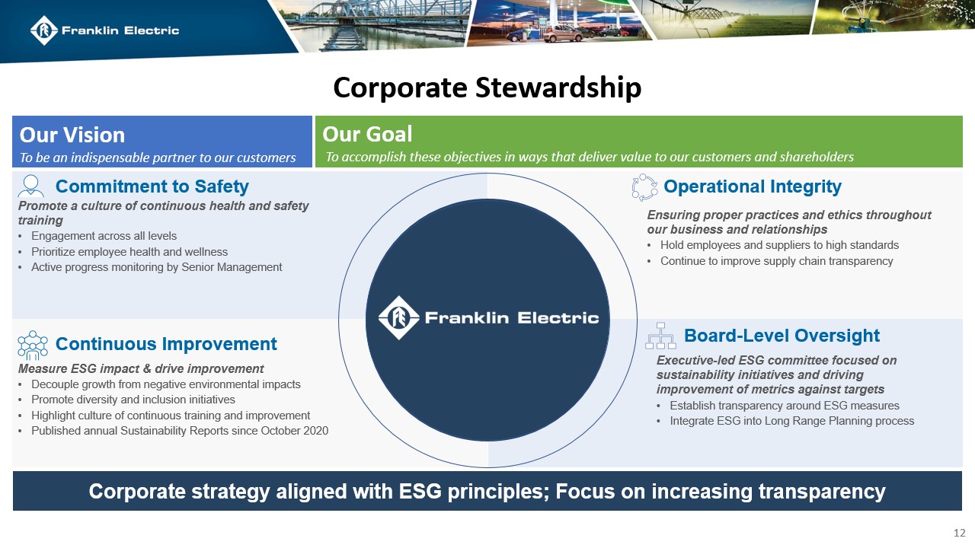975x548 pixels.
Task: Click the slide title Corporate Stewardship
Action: [x=487, y=88]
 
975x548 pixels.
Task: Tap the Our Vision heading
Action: [x=72, y=135]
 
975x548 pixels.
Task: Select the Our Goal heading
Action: [x=367, y=134]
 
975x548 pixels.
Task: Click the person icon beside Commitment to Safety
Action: [x=31, y=186]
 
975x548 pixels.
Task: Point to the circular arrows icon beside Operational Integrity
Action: [x=644, y=187]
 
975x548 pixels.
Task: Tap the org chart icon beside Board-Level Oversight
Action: [x=660, y=336]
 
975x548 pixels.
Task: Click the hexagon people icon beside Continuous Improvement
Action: [x=32, y=345]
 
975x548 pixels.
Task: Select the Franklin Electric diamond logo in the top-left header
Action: [x=44, y=30]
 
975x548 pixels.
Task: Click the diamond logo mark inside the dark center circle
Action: [x=398, y=317]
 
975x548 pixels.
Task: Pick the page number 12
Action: [x=960, y=532]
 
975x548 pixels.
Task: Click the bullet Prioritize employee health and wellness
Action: [x=129, y=252]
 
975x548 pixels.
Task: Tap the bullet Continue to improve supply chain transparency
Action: [x=775, y=261]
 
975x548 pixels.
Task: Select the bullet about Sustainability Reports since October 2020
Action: [x=179, y=431]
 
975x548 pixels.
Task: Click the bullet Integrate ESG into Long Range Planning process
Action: [x=791, y=421]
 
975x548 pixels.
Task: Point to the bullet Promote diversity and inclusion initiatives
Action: [x=133, y=400]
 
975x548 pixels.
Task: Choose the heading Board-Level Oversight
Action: [x=782, y=336]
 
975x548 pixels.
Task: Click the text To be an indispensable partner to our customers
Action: [x=158, y=158]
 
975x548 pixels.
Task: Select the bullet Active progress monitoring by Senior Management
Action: [x=156, y=267]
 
